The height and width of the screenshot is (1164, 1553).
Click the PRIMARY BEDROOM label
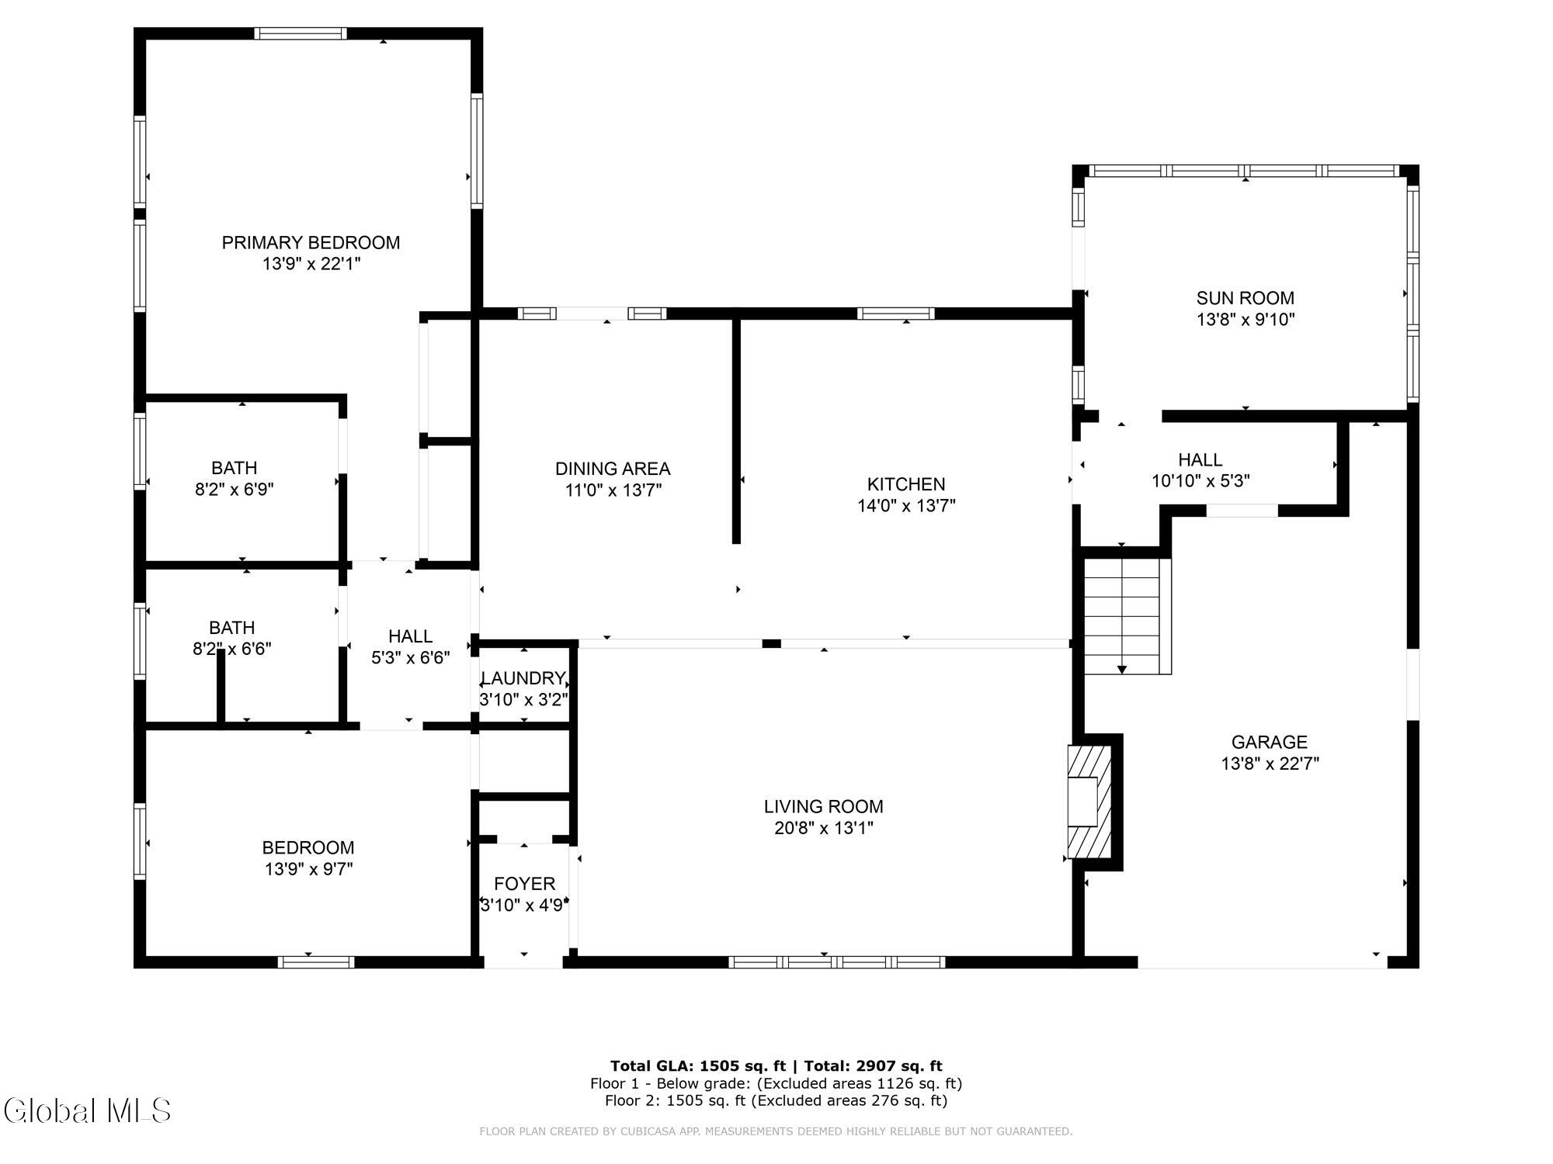pos(311,243)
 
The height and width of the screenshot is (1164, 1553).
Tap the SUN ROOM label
pos(1246,298)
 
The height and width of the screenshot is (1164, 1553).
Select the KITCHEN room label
pos(906,484)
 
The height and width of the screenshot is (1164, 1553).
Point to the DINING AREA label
pos(613,469)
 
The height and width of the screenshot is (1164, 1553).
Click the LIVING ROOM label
pos(824,807)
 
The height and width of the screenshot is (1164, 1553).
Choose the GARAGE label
pos(1270,742)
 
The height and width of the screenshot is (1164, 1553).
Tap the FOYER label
pos(525,884)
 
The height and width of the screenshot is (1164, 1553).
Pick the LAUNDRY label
pos(523,678)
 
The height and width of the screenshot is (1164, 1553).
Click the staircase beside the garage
pos(1127,616)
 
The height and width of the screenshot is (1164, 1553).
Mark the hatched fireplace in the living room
pos(1090,802)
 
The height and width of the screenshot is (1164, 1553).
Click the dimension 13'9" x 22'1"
pos(311,265)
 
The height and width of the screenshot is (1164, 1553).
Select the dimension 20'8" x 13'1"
pos(824,829)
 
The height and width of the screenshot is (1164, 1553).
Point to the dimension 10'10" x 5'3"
pos(1200,481)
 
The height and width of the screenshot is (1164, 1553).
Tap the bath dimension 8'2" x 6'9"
pos(235,490)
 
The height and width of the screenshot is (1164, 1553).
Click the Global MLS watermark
pos(87,1110)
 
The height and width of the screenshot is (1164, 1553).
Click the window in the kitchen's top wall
pos(895,314)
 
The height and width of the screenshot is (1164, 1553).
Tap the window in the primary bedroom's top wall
pos(301,33)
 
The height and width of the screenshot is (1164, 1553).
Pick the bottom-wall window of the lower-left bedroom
pos(316,962)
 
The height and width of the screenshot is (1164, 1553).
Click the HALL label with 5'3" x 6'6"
pos(411,636)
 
